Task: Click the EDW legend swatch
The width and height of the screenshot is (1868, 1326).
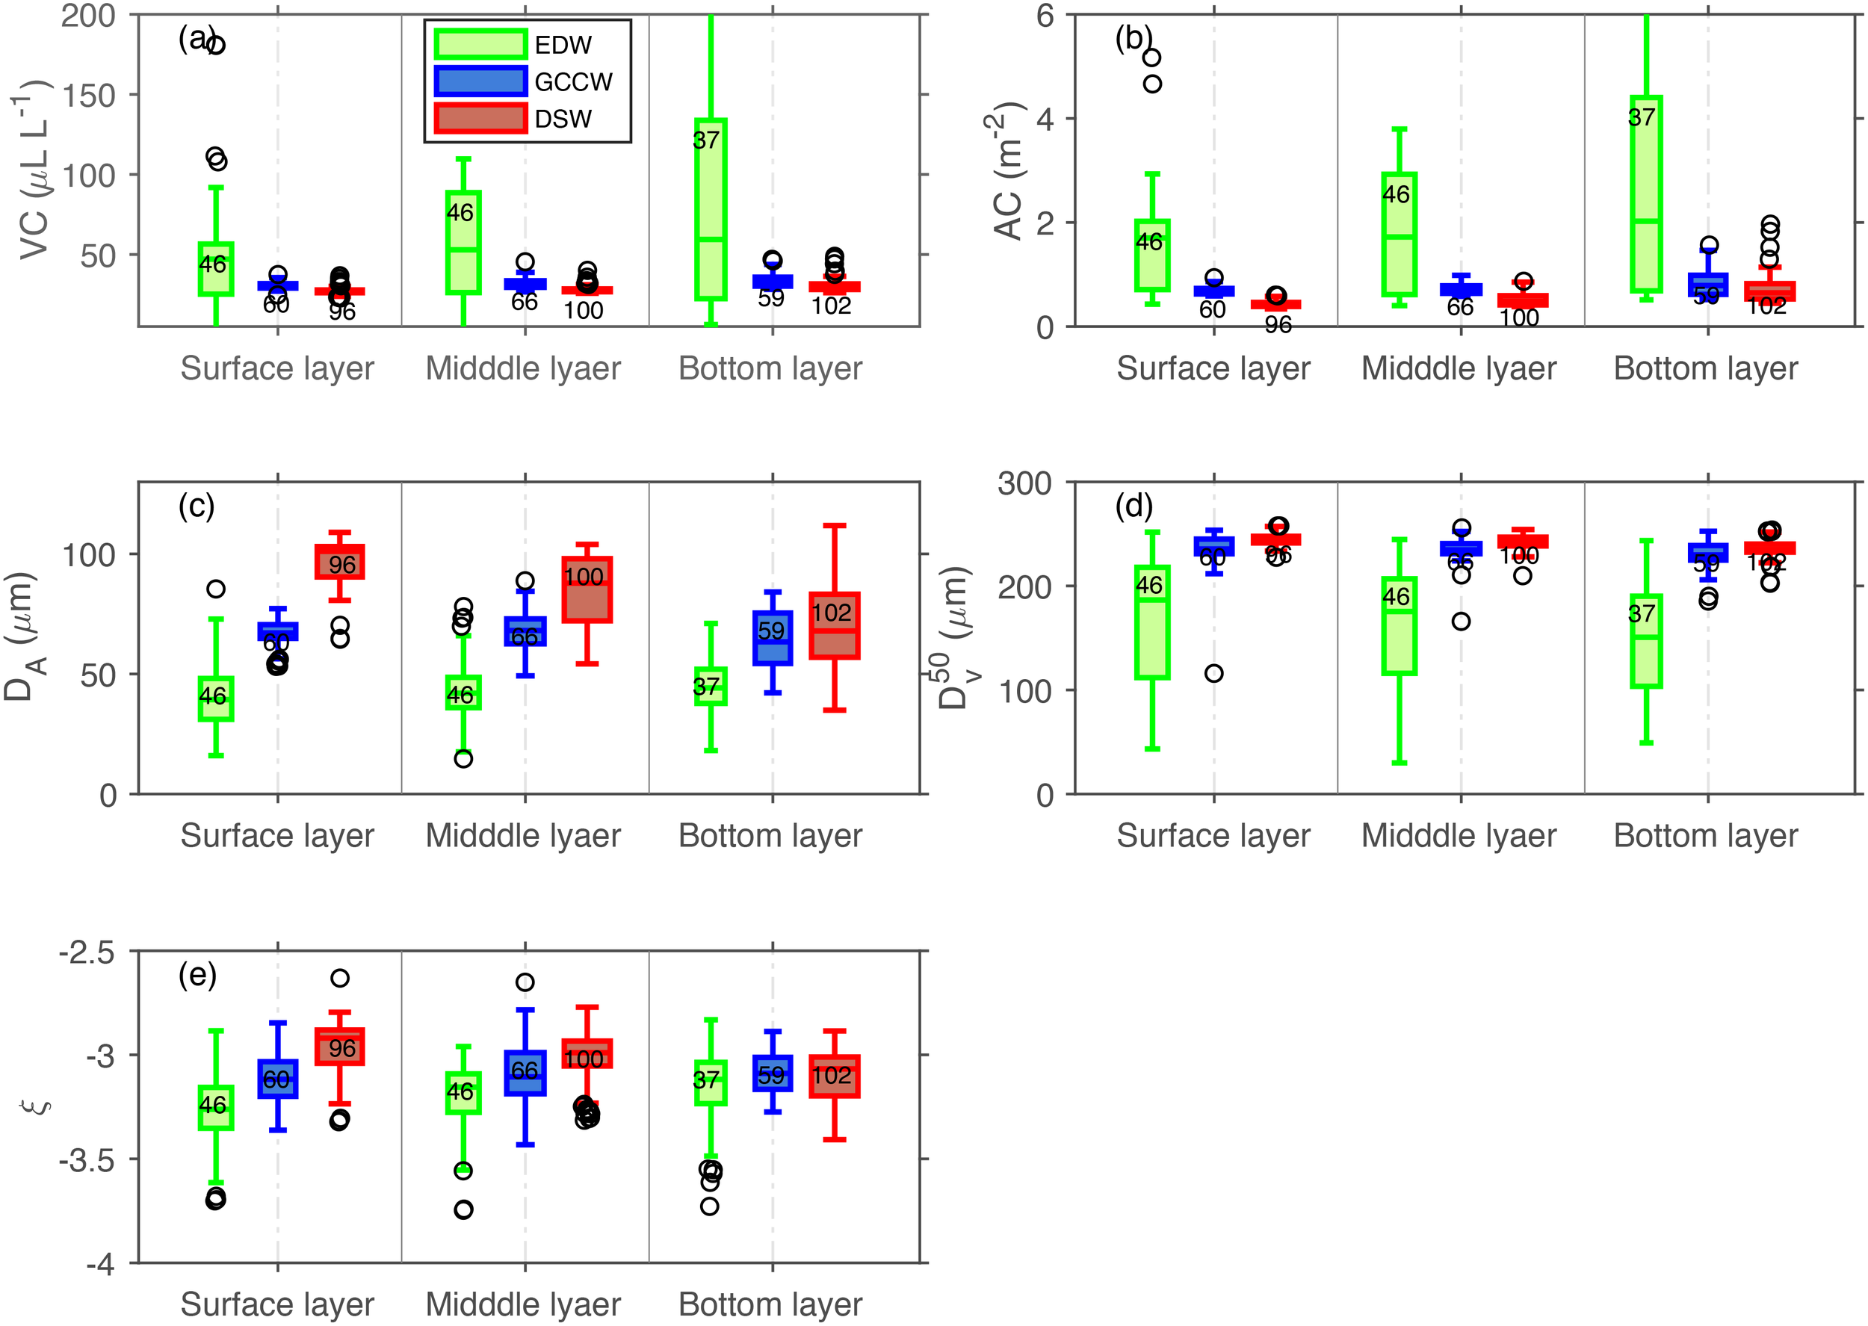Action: [480, 44]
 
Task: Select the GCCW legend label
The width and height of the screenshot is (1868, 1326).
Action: [573, 81]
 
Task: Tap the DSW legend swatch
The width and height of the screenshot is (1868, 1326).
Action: [480, 118]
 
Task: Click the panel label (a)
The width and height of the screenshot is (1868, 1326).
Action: [197, 38]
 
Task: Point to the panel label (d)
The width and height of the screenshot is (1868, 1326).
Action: [1134, 506]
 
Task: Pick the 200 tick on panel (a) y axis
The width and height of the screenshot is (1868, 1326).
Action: [88, 16]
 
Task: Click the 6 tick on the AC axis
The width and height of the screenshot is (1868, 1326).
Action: [1045, 16]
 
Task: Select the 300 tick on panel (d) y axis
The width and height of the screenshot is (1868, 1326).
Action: [1024, 483]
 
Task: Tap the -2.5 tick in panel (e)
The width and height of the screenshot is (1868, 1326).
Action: [87, 952]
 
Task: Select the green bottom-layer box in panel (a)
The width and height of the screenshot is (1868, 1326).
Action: [711, 209]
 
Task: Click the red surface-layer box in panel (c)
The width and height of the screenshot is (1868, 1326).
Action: [340, 562]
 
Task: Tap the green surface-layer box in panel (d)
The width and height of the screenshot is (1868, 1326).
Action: [1152, 622]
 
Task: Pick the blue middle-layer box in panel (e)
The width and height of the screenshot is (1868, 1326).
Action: [525, 1073]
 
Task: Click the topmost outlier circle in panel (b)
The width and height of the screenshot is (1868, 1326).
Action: [1152, 58]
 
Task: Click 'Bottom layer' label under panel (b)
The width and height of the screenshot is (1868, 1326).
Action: [1706, 368]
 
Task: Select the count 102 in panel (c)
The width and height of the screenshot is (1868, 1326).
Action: [831, 613]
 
